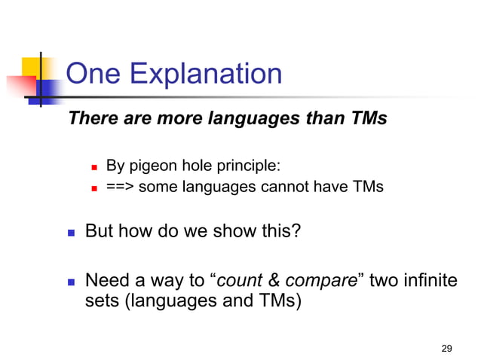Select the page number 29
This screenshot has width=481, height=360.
(446, 348)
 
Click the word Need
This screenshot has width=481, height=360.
(106, 282)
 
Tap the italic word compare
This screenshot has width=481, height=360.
(317, 282)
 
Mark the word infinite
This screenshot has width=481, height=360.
(430, 282)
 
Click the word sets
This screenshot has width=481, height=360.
(101, 303)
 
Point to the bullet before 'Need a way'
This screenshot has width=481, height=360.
(72, 283)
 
